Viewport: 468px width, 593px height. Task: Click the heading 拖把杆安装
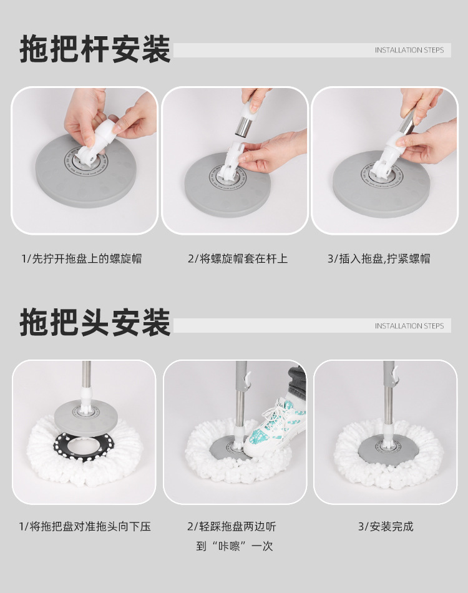(95, 49)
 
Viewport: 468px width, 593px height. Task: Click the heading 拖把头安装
(95, 323)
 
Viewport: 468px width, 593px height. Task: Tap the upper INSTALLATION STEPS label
(409, 50)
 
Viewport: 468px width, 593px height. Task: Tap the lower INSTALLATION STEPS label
(409, 326)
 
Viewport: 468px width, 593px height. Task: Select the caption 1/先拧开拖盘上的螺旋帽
(81, 258)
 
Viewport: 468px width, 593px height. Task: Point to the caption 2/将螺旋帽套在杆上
(238, 258)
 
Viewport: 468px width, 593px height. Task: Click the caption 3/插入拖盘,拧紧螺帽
(379, 258)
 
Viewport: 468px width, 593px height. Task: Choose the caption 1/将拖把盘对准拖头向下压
(85, 526)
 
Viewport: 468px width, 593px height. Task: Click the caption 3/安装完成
(386, 526)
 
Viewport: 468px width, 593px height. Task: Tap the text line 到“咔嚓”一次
(235, 546)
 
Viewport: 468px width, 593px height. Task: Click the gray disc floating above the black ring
(86, 418)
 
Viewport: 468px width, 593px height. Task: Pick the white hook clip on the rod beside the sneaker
(247, 380)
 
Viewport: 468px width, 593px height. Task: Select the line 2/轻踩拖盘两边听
(232, 526)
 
